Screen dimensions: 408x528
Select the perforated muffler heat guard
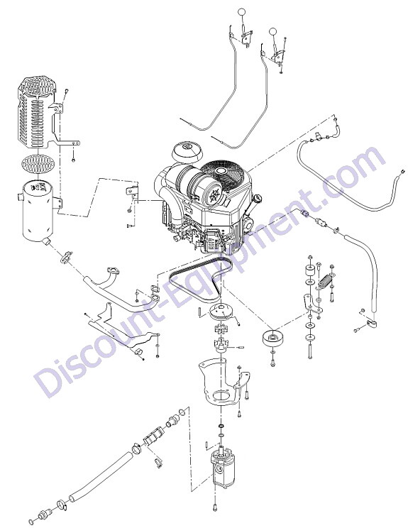pyautogui.click(x=37, y=112)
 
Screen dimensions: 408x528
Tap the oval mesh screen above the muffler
pyautogui.click(x=38, y=164)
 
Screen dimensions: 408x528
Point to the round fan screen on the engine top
pyautogui.click(x=221, y=173)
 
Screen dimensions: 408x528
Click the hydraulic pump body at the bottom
pyautogui.click(x=224, y=467)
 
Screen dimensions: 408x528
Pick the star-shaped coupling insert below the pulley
pyautogui.click(x=221, y=329)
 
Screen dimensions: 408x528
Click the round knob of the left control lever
pyautogui.click(x=242, y=12)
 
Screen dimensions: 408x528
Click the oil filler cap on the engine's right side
pyautogui.click(x=259, y=198)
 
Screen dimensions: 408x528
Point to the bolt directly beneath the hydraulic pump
pyautogui.click(x=215, y=507)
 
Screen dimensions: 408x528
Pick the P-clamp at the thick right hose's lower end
pyautogui.click(x=370, y=324)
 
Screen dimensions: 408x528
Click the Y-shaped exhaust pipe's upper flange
pyautogui.click(x=112, y=271)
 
